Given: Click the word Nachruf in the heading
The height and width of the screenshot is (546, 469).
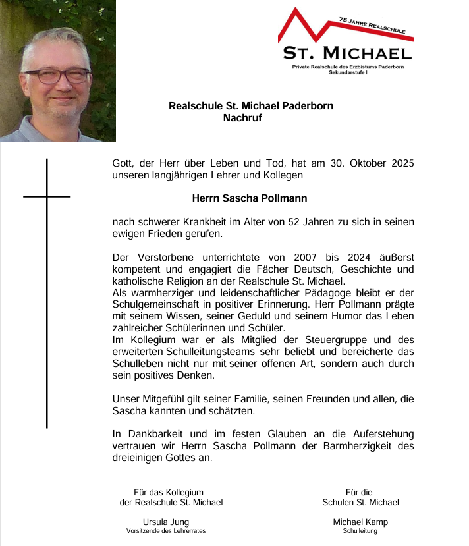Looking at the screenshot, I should [x=242, y=119].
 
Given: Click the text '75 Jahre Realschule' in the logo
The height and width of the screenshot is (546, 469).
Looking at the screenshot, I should [x=372, y=26].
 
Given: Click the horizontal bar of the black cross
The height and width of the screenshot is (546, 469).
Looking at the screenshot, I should [x=47, y=196].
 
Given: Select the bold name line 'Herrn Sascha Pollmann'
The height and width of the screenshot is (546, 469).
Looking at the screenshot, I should [x=240, y=198].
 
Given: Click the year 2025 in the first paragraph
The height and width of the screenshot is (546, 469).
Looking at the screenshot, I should [x=401, y=163].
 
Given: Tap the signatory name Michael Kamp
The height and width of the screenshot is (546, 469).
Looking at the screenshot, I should [x=360, y=522].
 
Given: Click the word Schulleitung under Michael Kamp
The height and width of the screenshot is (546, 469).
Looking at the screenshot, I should [x=360, y=531].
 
